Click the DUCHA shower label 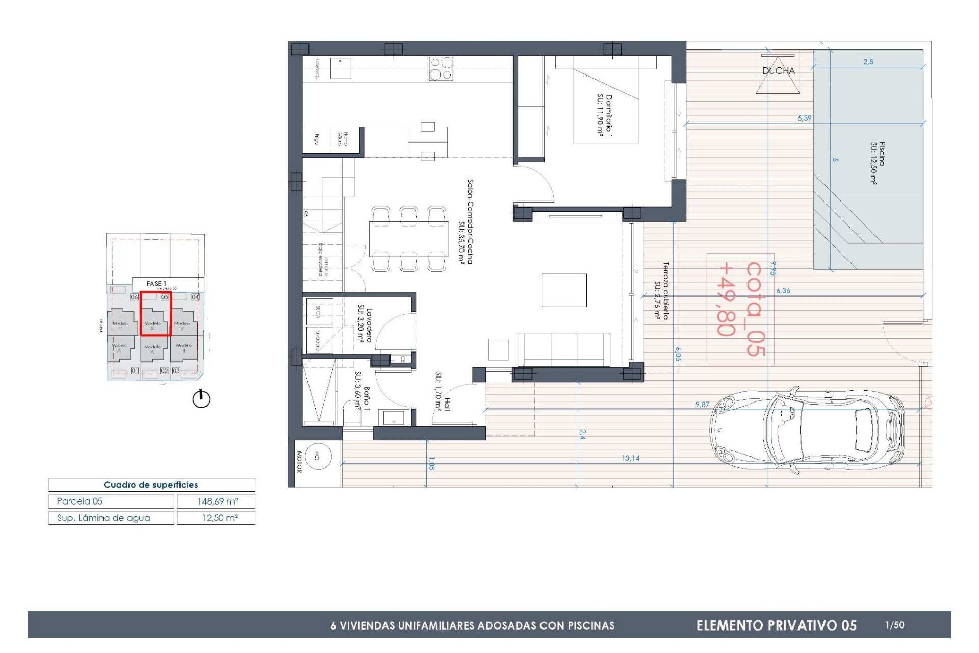point(778,71)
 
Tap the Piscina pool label point(878,162)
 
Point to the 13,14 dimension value point(630,458)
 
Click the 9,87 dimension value point(702,404)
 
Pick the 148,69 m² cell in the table point(217,501)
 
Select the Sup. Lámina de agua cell point(104,518)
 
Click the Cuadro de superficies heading point(151,485)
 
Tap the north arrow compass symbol point(201,398)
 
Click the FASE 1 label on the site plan point(157,283)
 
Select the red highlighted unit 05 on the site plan point(156,313)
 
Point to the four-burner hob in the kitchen point(441,69)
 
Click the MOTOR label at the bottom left point(299,461)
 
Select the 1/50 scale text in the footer point(894,625)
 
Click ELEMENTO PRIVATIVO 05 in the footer point(776,625)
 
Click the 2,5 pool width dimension point(868,62)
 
